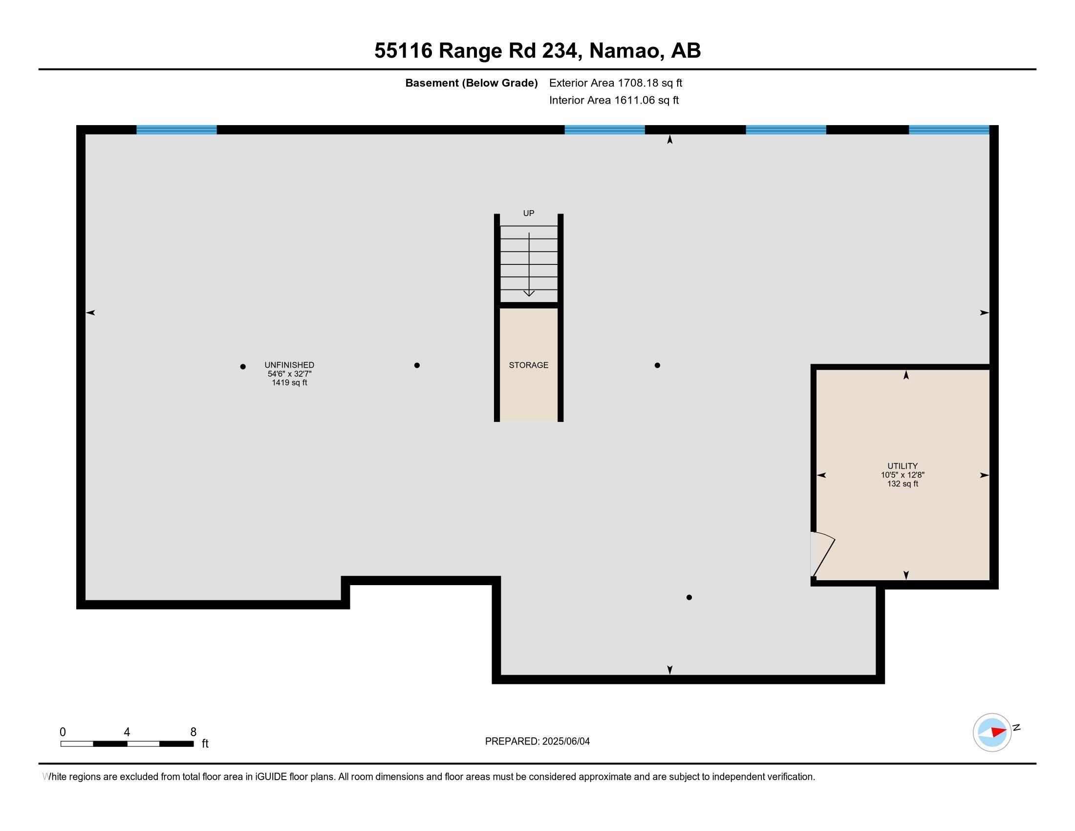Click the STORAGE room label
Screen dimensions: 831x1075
tap(528, 365)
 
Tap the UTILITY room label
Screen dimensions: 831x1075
tap(902, 466)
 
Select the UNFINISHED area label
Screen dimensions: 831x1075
tap(289, 365)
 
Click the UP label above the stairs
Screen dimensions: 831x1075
tap(528, 213)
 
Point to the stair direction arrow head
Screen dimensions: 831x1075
tap(529, 293)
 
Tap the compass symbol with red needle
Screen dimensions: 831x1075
tap(992, 732)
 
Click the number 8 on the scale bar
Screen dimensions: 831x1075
tap(193, 732)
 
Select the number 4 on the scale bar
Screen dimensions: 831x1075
tap(127, 732)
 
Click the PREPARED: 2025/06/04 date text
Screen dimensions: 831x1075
tap(537, 741)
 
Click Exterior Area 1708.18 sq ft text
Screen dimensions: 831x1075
tap(615, 83)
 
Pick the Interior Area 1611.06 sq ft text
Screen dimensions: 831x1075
tap(614, 100)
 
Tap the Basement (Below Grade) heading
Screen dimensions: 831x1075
tap(471, 83)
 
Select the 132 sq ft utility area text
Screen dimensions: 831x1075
tap(902, 483)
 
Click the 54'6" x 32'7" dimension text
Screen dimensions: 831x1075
tap(289, 373)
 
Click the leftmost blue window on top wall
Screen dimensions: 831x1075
tap(176, 130)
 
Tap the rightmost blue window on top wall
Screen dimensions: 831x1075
tap(948, 130)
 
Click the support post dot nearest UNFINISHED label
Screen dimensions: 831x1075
tap(243, 366)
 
